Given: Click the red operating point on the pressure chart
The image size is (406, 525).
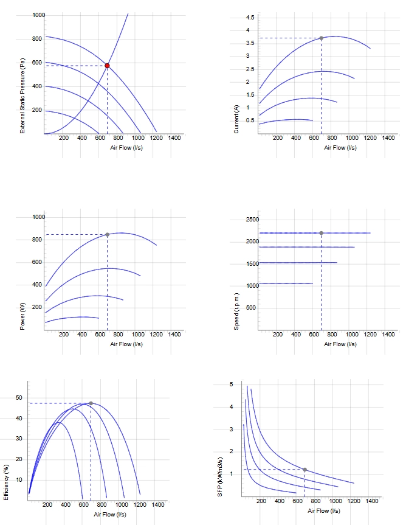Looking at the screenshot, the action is [x=107, y=66].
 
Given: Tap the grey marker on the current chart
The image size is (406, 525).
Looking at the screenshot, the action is [x=321, y=38].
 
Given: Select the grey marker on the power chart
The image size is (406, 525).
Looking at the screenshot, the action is [x=107, y=235].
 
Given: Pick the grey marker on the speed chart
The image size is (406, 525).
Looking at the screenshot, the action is [x=321, y=233].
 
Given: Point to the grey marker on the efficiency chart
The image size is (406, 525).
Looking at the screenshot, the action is [x=91, y=403].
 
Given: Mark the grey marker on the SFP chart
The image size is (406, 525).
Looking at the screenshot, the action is [x=304, y=470].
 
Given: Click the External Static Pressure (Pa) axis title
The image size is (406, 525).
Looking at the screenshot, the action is [x=22, y=96].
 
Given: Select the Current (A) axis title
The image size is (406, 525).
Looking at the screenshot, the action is [x=236, y=119].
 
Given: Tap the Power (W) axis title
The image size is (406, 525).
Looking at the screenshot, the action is [x=22, y=316].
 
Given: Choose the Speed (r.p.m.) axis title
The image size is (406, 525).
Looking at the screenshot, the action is [x=236, y=311].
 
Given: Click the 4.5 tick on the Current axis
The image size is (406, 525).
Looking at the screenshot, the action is [x=250, y=18].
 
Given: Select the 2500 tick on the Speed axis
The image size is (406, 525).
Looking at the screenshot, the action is [x=252, y=220].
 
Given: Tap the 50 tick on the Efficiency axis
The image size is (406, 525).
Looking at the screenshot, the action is [x=19, y=398].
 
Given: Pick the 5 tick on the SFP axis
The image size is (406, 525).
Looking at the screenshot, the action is [x=232, y=384].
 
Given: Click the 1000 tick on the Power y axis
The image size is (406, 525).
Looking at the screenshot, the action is [x=39, y=217].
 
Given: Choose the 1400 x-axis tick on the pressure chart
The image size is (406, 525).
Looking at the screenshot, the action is [x=174, y=138].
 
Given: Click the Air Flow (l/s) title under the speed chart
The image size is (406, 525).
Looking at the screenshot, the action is [x=340, y=344].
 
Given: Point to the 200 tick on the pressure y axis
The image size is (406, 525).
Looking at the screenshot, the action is [x=37, y=110].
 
